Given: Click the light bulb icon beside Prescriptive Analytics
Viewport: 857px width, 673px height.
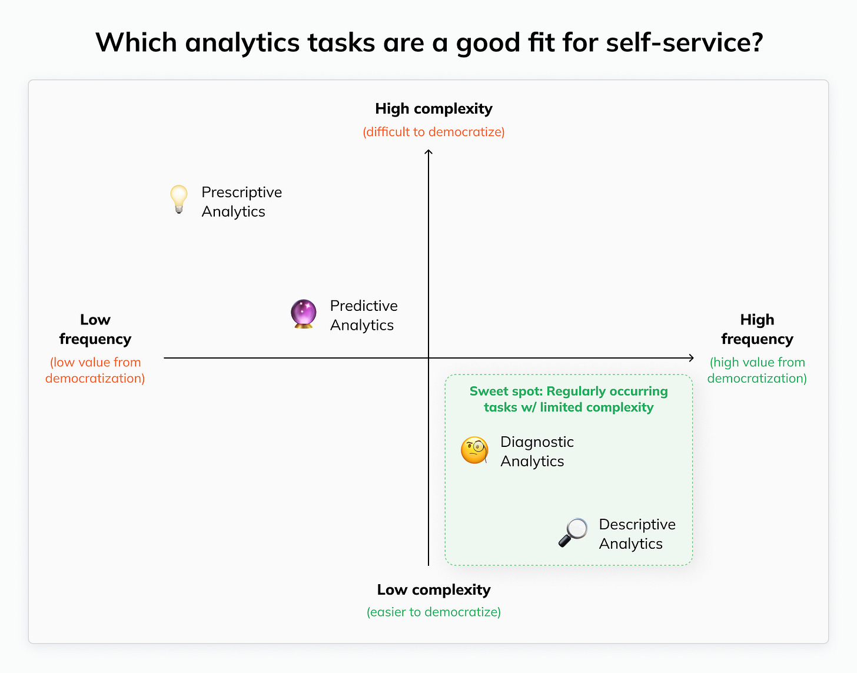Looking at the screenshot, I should click(178, 199).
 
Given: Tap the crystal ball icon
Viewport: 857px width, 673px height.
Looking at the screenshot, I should click(304, 313).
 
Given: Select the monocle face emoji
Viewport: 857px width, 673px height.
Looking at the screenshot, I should click(474, 450).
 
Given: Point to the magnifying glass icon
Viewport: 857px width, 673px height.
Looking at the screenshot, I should click(573, 532).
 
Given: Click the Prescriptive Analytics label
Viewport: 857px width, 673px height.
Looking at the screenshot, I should click(241, 202).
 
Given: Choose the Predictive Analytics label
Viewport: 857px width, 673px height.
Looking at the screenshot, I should click(364, 316).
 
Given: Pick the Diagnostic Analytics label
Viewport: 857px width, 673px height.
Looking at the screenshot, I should click(537, 452).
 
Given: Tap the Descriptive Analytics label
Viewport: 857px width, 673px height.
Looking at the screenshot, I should click(637, 534).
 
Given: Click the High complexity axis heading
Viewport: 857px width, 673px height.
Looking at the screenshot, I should click(434, 109).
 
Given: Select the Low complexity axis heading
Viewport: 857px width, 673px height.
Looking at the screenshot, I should click(434, 590).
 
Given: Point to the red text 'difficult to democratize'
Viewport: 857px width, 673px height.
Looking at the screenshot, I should click(434, 132).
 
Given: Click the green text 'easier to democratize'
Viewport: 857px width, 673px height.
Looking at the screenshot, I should click(434, 612).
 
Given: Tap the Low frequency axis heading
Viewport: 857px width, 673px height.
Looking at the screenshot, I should click(95, 329).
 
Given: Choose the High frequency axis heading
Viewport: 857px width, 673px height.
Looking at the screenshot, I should click(757, 329).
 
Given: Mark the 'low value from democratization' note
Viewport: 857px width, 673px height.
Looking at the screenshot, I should click(95, 370).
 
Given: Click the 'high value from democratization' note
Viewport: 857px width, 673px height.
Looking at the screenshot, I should click(757, 370).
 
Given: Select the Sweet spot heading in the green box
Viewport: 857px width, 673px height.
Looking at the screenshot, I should click(569, 399).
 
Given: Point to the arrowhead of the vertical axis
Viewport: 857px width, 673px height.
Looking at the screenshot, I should click(428, 153).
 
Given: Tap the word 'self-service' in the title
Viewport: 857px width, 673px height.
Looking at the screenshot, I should click(685, 42).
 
